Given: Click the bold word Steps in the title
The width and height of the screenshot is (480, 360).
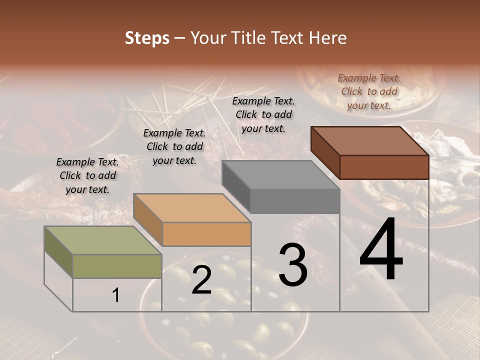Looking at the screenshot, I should coord(147,38).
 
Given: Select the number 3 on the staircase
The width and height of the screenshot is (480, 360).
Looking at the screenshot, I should coord(292,265).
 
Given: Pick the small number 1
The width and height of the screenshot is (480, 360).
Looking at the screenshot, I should coord(116,295).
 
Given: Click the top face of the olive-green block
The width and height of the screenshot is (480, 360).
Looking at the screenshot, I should coord(102,240).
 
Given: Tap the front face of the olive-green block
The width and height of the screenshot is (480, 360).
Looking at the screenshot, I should coord(117,266).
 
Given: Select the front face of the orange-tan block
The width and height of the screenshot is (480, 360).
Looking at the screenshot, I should coord(206,234).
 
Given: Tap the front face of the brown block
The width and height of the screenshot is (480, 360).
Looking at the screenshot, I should coord(384,167).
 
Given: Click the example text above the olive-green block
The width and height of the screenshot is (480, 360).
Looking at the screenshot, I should coord(87,175).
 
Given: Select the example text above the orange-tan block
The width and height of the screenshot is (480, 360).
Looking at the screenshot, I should coord(174,146).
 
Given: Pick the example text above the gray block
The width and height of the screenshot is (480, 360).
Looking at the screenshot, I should coord(263,114).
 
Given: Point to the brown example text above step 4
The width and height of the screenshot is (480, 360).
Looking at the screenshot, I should coord(369,91).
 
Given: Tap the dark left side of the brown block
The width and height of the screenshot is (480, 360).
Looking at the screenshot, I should coord(325,153).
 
